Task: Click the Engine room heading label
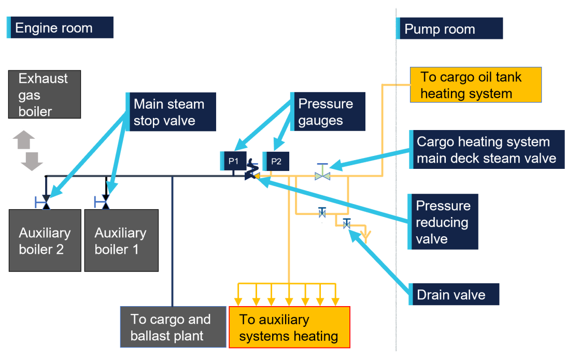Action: pos(60,27)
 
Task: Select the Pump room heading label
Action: pos(449,28)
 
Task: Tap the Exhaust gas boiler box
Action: pos(44,95)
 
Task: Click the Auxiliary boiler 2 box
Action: pos(45,240)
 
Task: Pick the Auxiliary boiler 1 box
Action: pos(121,240)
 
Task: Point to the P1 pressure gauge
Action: pos(233,161)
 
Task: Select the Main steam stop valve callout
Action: pos(171,112)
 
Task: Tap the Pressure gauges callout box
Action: pos(327,112)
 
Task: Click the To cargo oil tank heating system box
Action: pos(475,85)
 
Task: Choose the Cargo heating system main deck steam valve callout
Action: pos(485,150)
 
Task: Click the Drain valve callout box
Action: pos(453,294)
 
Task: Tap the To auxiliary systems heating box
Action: pos(289,327)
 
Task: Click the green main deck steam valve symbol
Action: pos(323,173)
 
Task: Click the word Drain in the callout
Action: pos(433,295)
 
